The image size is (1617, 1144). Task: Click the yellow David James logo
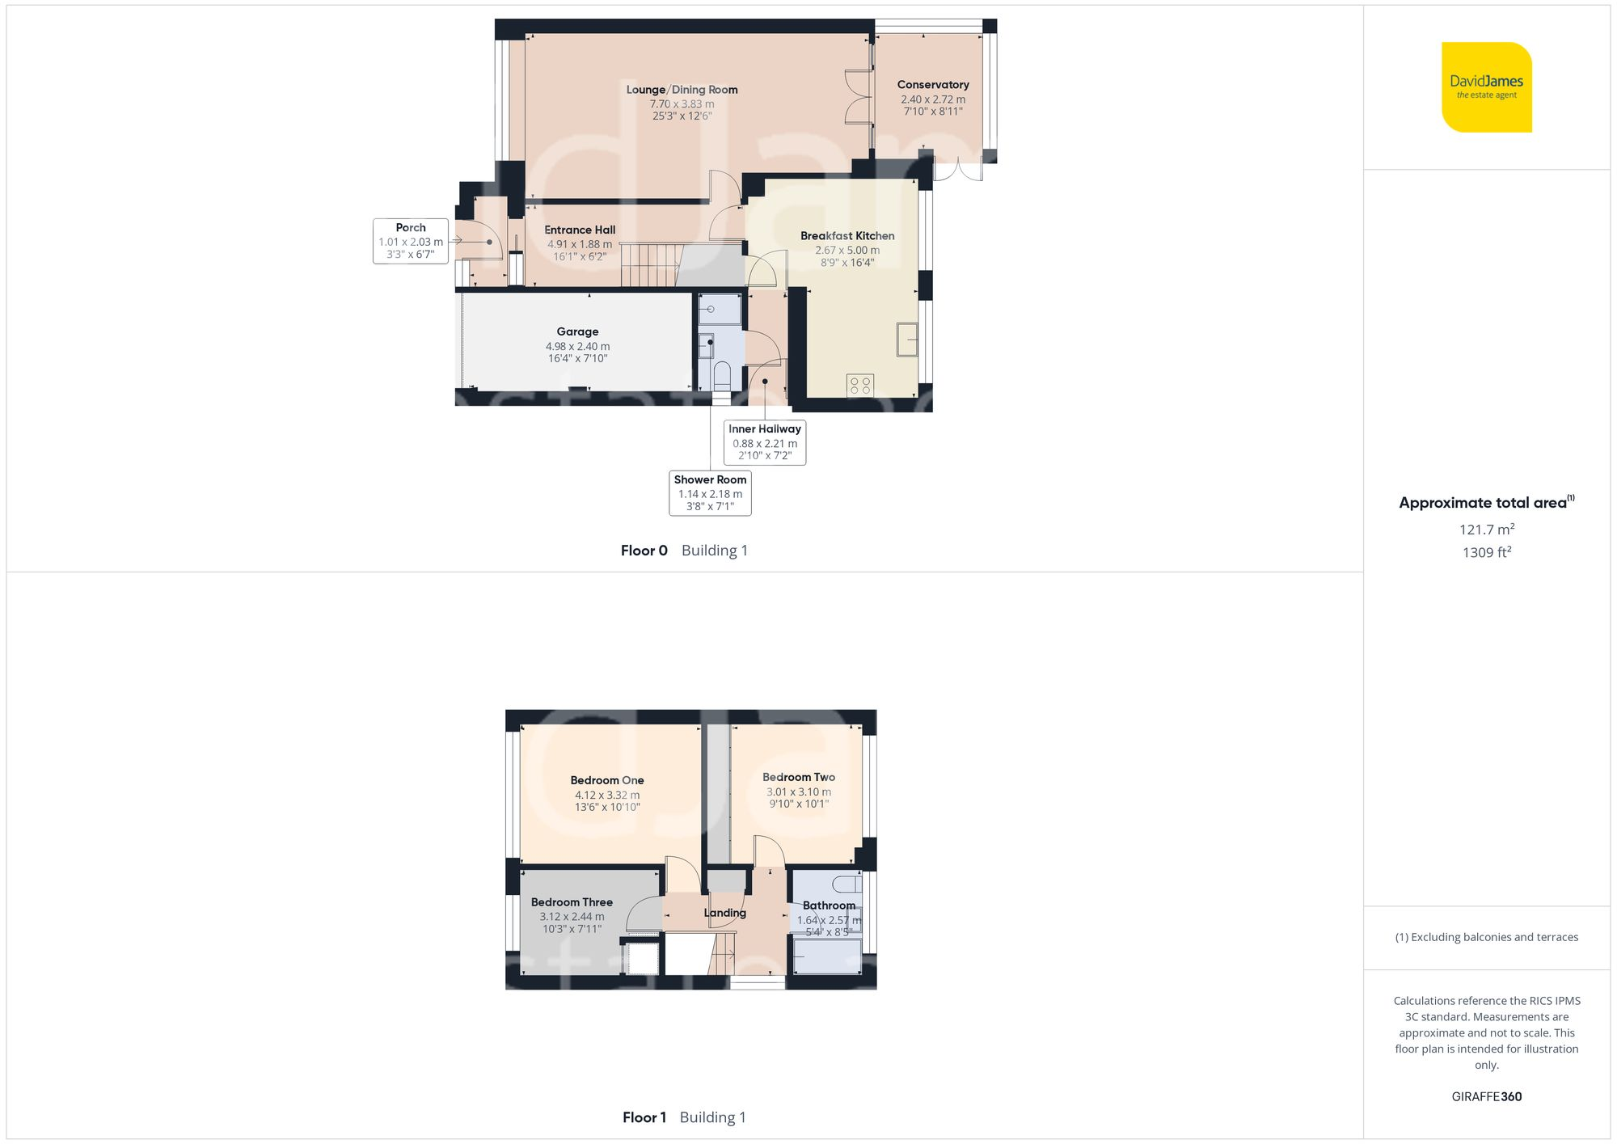[x=1486, y=87]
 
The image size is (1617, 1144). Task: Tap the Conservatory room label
[x=933, y=85]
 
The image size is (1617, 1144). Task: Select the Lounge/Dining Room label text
[x=682, y=90]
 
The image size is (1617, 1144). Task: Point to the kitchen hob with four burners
[x=860, y=385]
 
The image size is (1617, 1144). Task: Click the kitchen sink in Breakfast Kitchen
[x=907, y=340]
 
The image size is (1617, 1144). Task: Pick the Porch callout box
[x=411, y=241]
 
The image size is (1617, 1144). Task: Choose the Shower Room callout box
[x=710, y=492]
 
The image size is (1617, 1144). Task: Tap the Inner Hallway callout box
[x=765, y=442]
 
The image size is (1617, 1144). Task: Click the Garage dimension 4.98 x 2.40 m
[x=577, y=346]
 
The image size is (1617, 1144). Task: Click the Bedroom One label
[x=607, y=780]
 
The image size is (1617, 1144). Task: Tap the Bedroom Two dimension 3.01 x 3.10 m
[x=799, y=792]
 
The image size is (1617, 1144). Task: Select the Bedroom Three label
[x=572, y=902]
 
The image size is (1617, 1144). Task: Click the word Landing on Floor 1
[x=724, y=913]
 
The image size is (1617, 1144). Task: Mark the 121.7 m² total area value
[x=1486, y=530]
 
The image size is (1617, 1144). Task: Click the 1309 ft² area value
[x=1486, y=553]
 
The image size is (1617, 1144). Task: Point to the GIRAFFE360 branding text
[x=1486, y=1097]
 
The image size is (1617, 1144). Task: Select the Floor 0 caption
[x=644, y=551]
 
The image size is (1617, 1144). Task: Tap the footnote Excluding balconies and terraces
[x=1486, y=937]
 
